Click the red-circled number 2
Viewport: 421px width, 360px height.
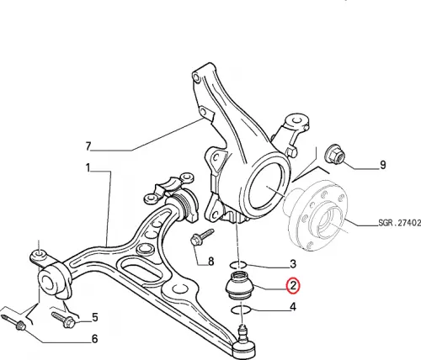(293, 286)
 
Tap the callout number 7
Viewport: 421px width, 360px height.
(88, 146)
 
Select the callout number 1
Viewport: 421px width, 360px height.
(88, 168)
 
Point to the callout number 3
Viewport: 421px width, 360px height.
(293, 264)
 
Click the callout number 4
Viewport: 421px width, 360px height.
(293, 307)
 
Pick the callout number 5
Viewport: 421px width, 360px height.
(95, 318)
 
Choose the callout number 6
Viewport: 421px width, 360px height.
(95, 339)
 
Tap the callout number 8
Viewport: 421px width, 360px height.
(210, 262)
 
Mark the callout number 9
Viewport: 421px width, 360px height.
(382, 165)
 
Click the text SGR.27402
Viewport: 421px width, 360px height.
(400, 223)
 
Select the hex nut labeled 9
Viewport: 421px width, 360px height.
(334, 154)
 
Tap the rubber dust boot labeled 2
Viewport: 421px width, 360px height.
(239, 285)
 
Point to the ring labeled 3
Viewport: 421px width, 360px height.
(238, 264)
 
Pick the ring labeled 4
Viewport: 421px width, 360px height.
(241, 310)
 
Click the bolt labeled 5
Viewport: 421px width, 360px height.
(63, 320)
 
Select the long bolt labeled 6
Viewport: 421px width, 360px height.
(13, 322)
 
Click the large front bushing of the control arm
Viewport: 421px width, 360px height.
(53, 279)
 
